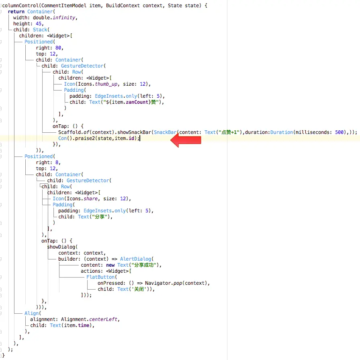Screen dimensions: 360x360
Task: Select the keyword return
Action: tap(16, 12)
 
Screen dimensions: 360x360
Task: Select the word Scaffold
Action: tap(71, 132)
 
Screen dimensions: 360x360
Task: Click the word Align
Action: tap(32, 313)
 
